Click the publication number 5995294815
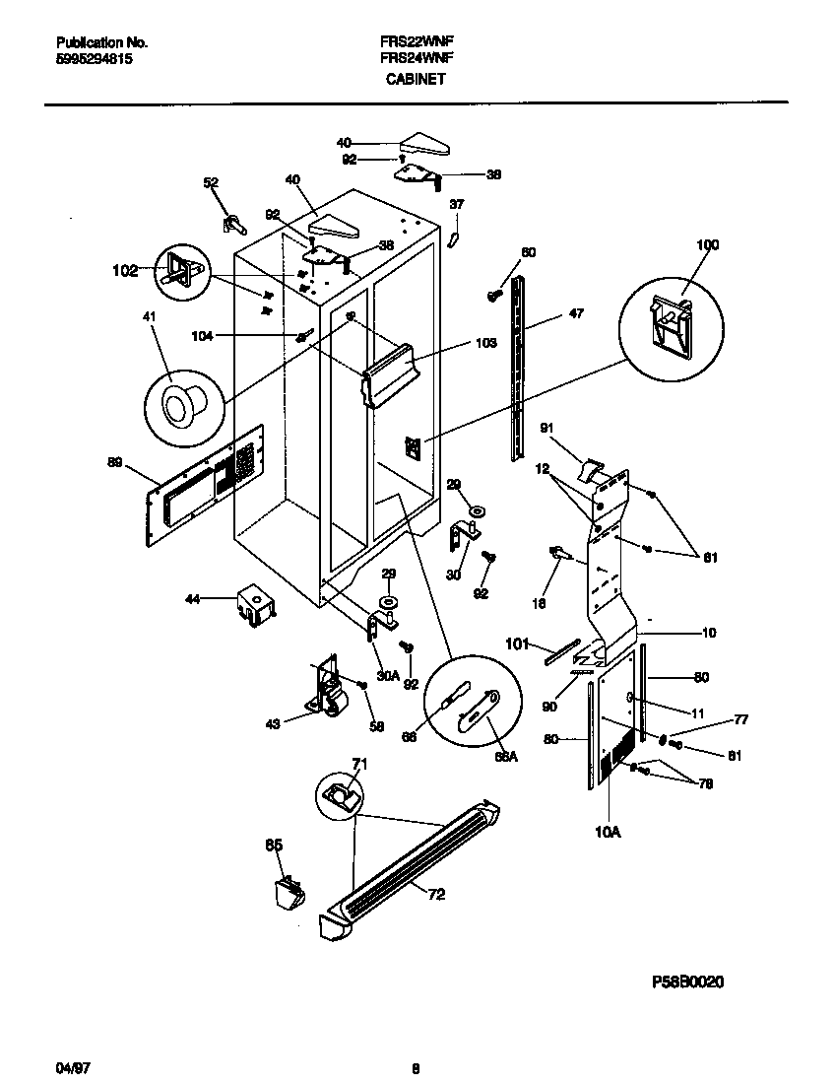[95, 59]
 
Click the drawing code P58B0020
[688, 982]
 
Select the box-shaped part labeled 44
[255, 605]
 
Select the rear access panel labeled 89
[207, 483]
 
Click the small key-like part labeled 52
[233, 222]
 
